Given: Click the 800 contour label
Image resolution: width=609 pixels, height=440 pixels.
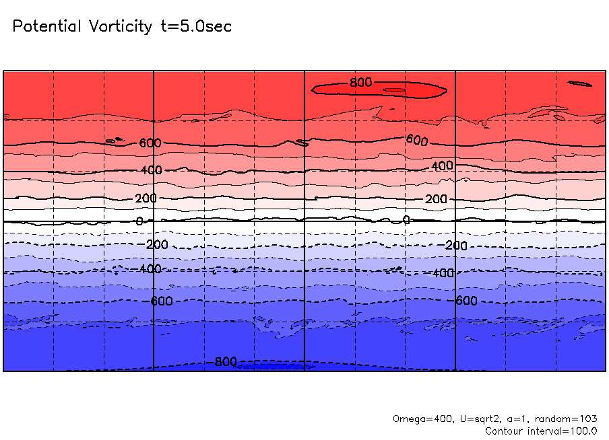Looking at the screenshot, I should (360, 83).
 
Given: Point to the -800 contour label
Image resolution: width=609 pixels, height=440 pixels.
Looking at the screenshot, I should (223, 362).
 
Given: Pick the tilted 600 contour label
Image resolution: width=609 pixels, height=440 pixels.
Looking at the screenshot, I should (417, 140).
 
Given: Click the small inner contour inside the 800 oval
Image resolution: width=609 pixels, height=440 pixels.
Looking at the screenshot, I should (394, 89).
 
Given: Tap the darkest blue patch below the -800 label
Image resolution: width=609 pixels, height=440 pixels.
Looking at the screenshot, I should (269, 367).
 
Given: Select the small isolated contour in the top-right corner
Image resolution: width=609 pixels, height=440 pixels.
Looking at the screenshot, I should (580, 83).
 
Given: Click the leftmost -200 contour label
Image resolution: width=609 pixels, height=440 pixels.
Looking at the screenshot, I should (156, 244).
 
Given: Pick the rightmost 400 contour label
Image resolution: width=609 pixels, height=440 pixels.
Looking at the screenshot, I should (443, 166).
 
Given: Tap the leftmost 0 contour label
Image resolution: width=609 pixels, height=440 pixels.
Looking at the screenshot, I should (139, 221).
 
